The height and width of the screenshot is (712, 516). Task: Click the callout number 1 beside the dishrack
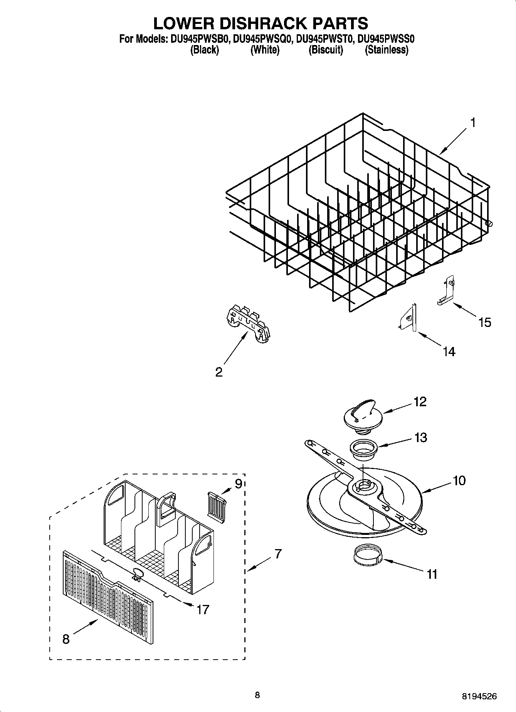click(472, 123)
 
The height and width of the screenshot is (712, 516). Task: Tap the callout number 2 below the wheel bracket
click(219, 372)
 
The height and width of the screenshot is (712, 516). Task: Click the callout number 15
click(485, 322)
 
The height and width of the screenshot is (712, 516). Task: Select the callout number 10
click(459, 480)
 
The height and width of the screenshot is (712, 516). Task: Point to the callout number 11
click(432, 574)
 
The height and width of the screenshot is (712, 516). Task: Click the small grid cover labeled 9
click(217, 502)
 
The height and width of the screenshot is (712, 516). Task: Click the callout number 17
click(203, 609)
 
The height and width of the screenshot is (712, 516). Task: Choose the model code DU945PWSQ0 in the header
click(263, 39)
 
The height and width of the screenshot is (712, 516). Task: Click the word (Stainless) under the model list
click(387, 50)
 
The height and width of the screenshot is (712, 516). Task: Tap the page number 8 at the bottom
click(257, 695)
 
